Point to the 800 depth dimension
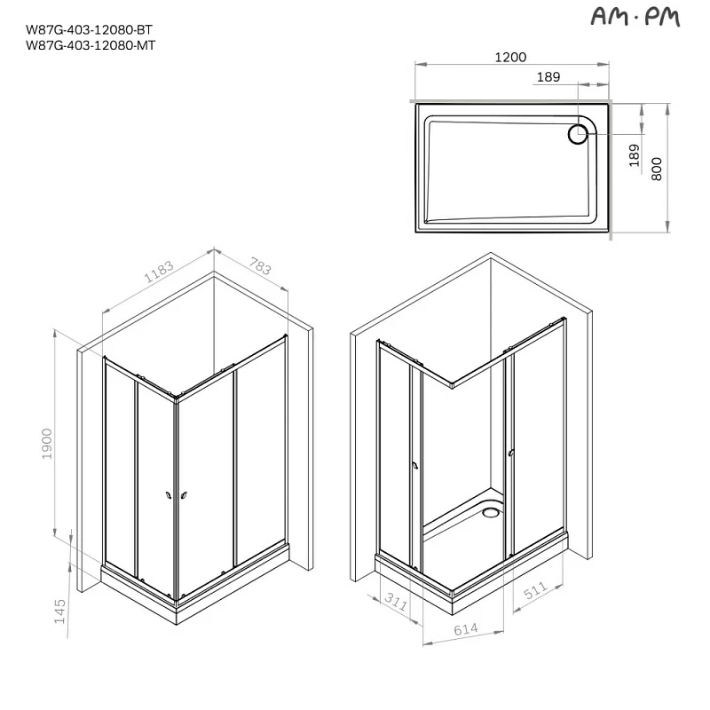click(x=657, y=169)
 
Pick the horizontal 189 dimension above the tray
click(x=548, y=78)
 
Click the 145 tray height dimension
click(x=60, y=613)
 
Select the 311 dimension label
click(x=397, y=602)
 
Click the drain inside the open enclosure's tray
click(x=491, y=510)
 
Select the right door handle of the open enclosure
click(x=512, y=453)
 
